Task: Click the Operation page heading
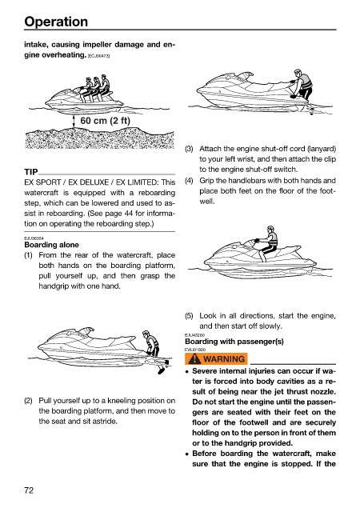[x=56, y=22]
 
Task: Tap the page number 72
[x=29, y=490]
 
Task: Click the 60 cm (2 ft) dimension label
[x=105, y=121]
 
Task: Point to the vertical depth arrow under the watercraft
[x=74, y=122]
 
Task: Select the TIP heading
[x=31, y=172]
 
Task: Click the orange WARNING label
[x=216, y=359]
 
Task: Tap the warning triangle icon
[x=194, y=359]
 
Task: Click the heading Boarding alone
[x=52, y=245]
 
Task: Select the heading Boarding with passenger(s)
[x=234, y=342]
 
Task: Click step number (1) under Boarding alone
[x=28, y=255]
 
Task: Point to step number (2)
[x=28, y=401]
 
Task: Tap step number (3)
[x=189, y=149]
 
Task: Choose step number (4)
[x=189, y=181]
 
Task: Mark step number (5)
[x=189, y=316]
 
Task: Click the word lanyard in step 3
[x=322, y=149]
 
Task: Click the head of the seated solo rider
[x=270, y=230]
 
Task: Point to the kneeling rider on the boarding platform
[x=302, y=84]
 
